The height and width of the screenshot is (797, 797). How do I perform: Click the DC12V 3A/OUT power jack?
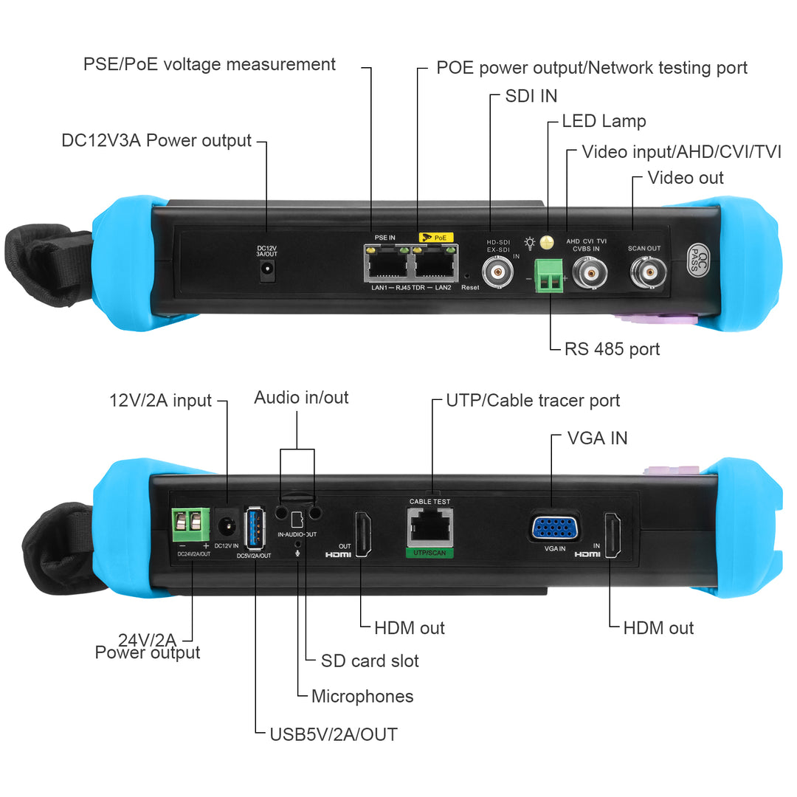pyautogui.click(x=267, y=271)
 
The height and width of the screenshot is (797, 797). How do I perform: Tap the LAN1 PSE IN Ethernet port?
pyautogui.click(x=387, y=263)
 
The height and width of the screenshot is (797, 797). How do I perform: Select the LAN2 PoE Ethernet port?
pyautogui.click(x=435, y=263)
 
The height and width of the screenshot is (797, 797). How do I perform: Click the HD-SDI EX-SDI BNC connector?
pyautogui.click(x=497, y=272)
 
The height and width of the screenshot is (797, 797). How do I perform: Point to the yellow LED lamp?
pyautogui.click(x=547, y=243)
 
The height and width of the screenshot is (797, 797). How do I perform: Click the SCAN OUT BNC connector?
pyautogui.click(x=648, y=272)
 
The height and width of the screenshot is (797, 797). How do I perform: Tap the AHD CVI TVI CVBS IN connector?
pyautogui.click(x=590, y=273)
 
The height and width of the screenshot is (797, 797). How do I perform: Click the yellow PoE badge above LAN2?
pyautogui.click(x=436, y=238)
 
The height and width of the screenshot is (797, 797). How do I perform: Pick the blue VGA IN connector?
pyautogui.click(x=554, y=528)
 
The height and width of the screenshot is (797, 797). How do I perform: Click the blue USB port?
pyautogui.click(x=255, y=528)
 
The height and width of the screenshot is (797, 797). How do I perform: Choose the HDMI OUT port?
pyautogui.click(x=363, y=534)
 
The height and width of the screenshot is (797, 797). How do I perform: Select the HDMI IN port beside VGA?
pyautogui.click(x=613, y=535)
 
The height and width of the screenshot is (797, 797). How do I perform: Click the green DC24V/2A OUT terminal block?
pyautogui.click(x=190, y=525)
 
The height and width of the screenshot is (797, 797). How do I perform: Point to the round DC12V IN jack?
pyautogui.click(x=227, y=525)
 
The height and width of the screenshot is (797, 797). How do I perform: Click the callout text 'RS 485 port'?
pyautogui.click(x=612, y=349)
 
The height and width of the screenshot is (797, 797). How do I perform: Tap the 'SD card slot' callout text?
pyautogui.click(x=370, y=660)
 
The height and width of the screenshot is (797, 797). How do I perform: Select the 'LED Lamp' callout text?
pyautogui.click(x=604, y=121)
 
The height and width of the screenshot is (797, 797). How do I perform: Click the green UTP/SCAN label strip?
pyautogui.click(x=429, y=553)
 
